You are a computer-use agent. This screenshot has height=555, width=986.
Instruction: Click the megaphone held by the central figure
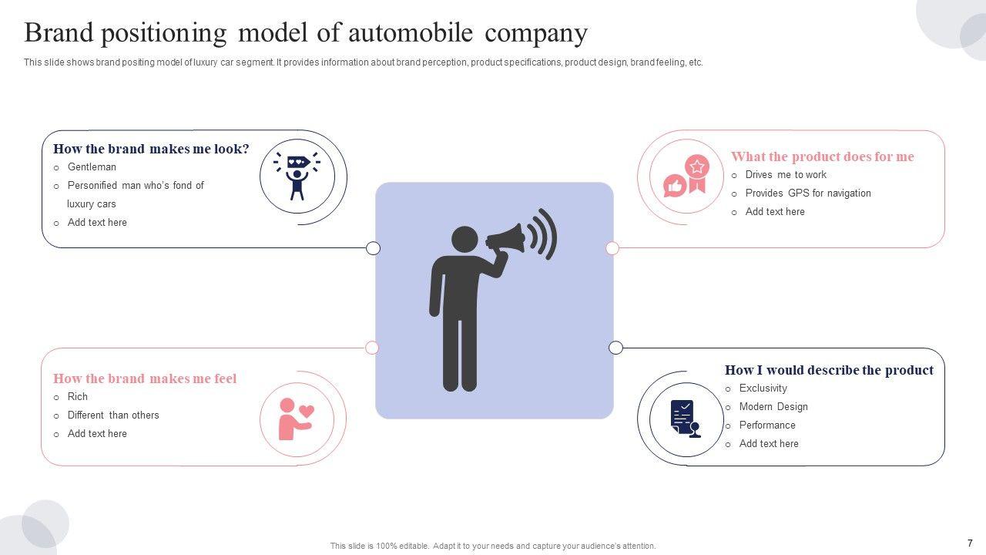(x=508, y=239)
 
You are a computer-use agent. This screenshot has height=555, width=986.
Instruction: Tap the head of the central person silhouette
(x=464, y=240)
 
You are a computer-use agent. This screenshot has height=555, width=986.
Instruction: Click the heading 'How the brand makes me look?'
(x=151, y=149)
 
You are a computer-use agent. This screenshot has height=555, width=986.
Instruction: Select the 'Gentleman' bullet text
(x=92, y=167)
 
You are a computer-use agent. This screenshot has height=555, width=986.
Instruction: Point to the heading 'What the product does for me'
(x=822, y=156)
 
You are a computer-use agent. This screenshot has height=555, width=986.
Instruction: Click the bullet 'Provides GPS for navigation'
(x=807, y=193)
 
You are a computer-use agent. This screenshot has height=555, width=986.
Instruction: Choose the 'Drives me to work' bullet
(x=785, y=175)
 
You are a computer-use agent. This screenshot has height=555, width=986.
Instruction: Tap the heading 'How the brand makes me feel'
(x=145, y=378)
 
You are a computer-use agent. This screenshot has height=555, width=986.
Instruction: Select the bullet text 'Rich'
(x=78, y=397)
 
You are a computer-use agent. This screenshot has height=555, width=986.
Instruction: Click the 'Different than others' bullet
(x=113, y=415)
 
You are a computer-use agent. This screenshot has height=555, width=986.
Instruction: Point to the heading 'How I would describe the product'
(x=829, y=370)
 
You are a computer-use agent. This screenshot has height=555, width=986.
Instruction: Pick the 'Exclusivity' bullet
(x=763, y=388)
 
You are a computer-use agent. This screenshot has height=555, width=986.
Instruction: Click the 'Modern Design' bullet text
(x=773, y=407)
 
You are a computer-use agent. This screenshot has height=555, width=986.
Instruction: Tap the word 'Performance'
(x=767, y=425)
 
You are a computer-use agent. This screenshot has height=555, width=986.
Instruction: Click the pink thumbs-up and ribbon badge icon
(x=686, y=177)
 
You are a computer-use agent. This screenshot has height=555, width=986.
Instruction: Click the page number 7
(x=970, y=543)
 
